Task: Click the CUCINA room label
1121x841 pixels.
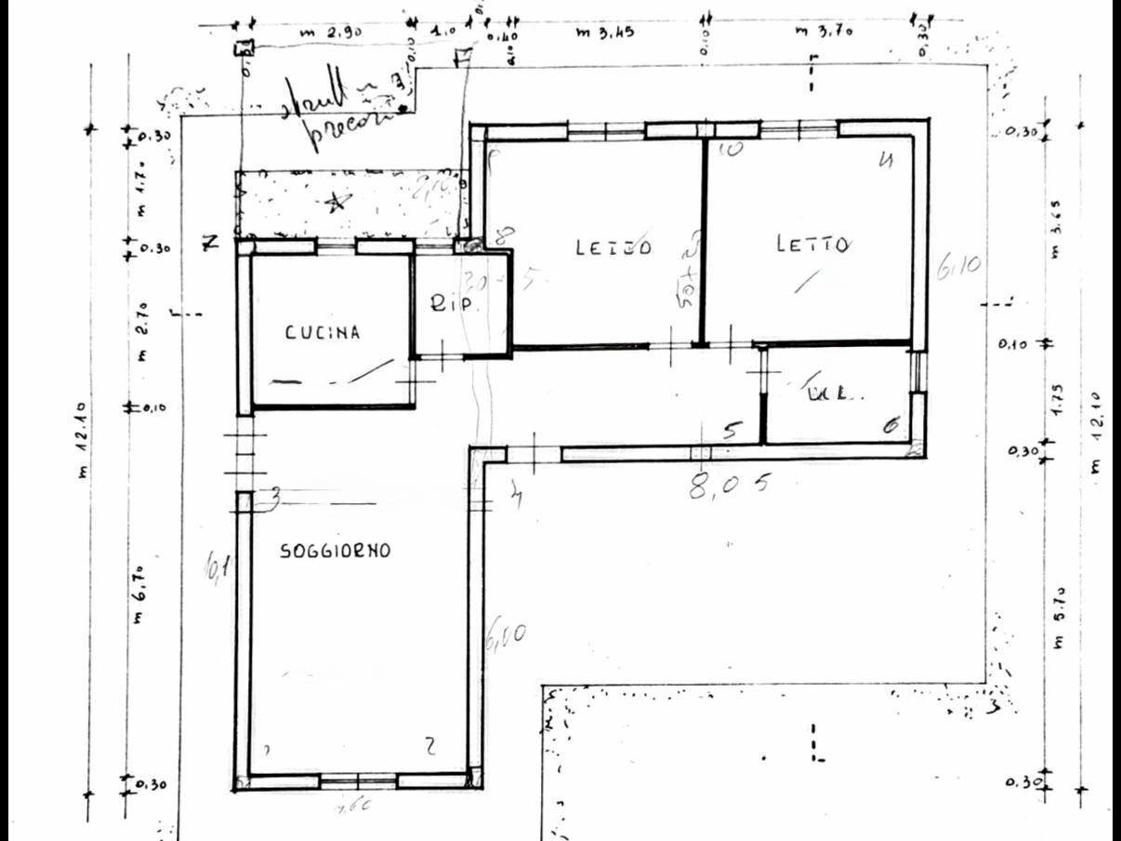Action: point(322,332)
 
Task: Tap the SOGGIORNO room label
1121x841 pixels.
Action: point(336,551)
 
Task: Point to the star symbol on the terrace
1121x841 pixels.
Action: point(337,200)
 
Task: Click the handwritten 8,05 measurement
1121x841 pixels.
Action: point(731,485)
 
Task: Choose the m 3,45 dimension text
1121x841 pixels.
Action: point(605,33)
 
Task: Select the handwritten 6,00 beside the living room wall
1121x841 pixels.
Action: point(506,637)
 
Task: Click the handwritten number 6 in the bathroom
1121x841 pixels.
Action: point(890,427)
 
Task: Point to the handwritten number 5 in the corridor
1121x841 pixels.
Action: point(733,431)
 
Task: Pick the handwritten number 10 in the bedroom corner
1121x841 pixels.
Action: point(731,149)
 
